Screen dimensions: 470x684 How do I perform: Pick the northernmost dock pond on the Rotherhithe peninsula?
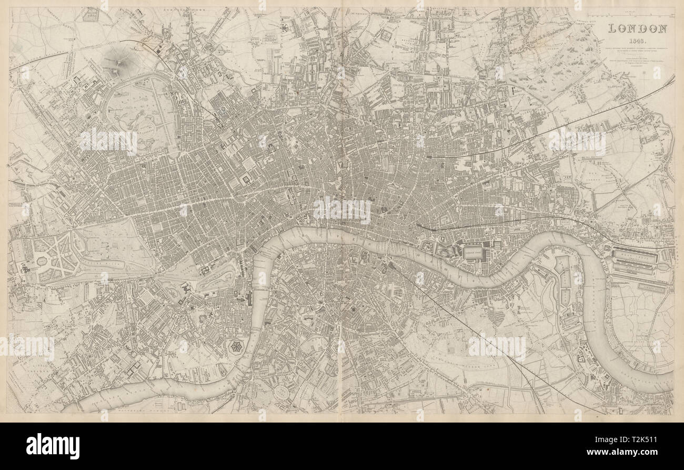pos(562,262)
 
